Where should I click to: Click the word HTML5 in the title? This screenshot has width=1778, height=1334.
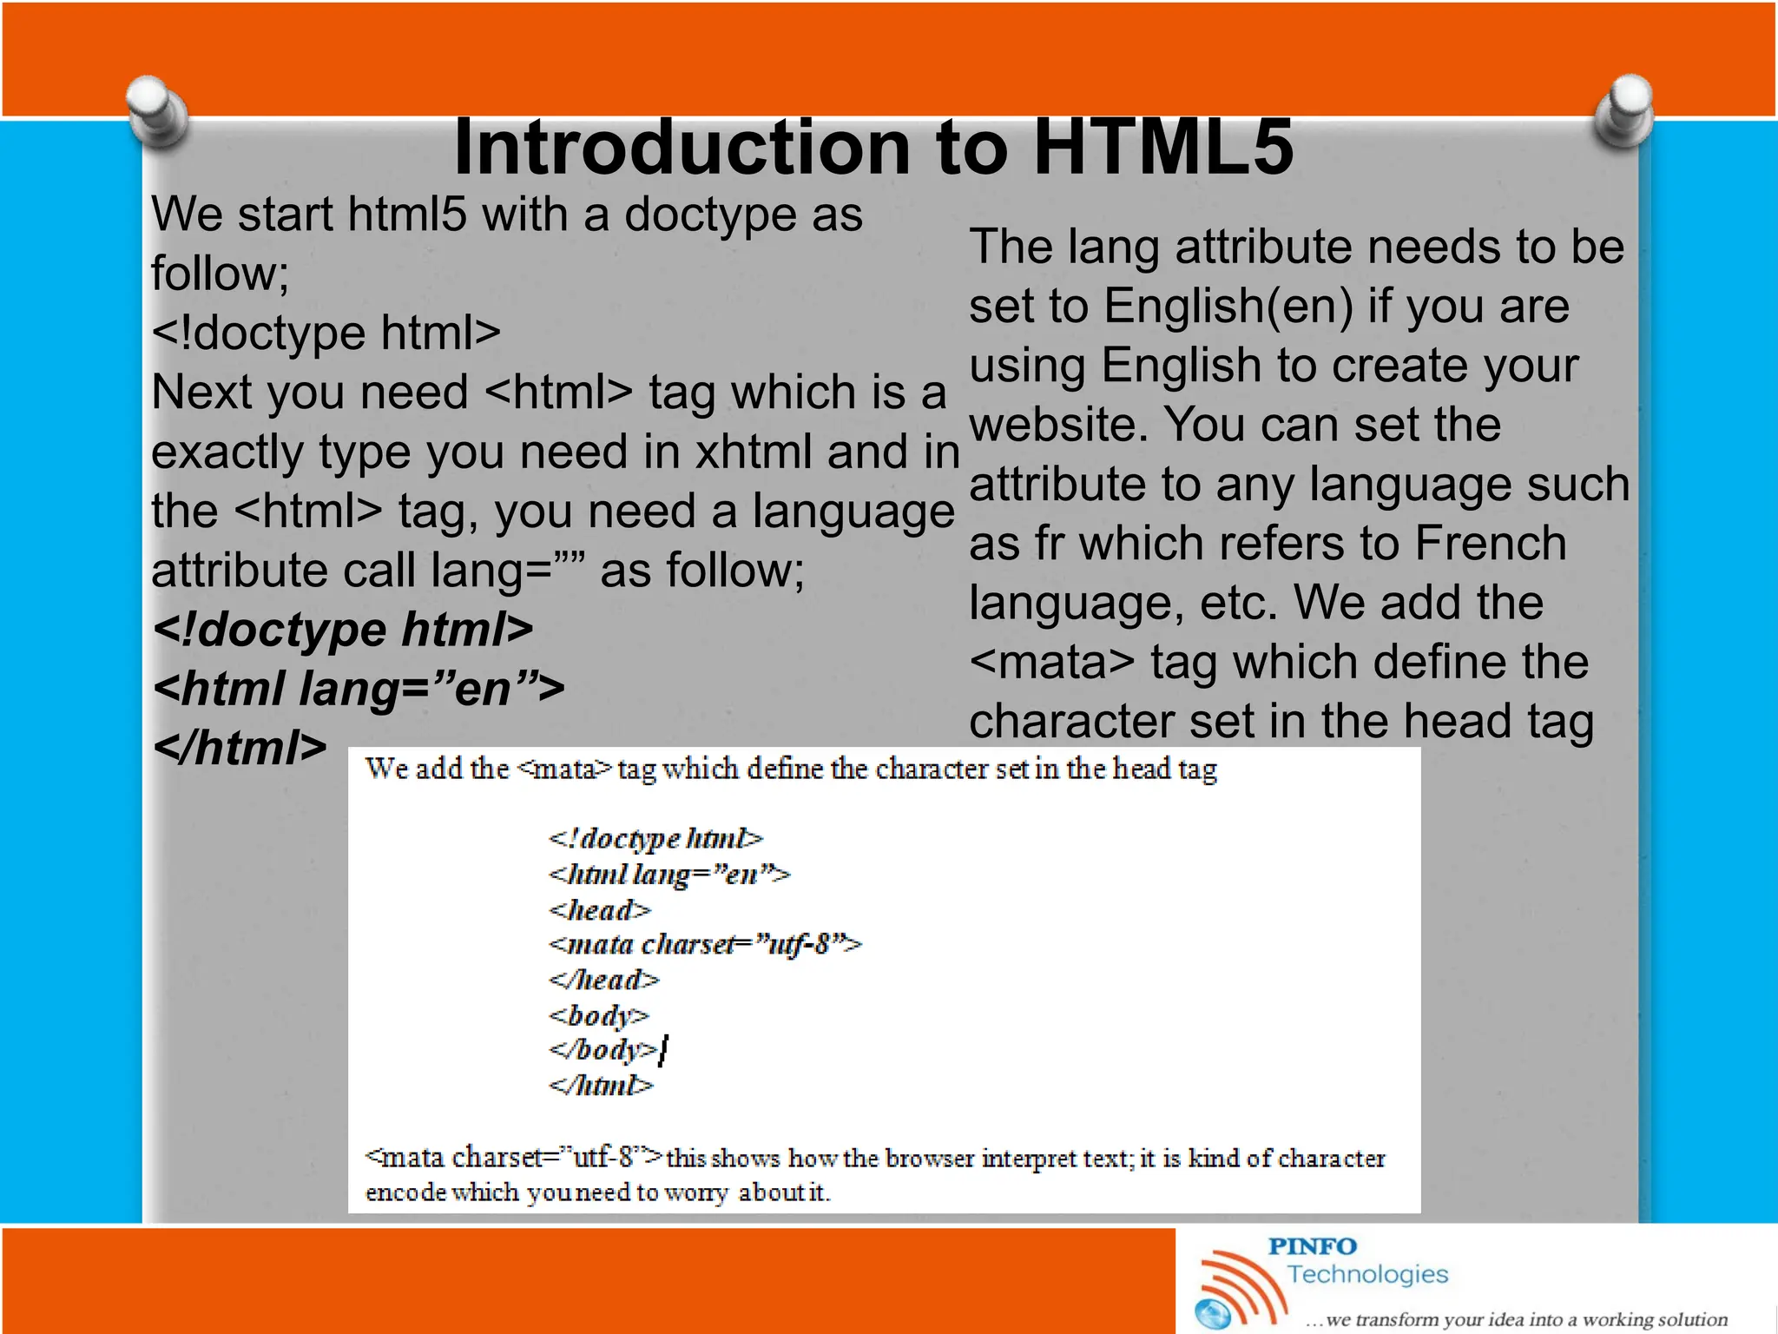tap(1162, 148)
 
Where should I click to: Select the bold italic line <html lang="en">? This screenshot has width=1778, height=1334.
tap(359, 689)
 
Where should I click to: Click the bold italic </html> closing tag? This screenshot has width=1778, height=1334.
tap(240, 748)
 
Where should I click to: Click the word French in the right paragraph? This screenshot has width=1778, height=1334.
tap(1490, 544)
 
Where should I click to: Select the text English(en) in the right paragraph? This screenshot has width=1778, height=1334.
tap(1228, 307)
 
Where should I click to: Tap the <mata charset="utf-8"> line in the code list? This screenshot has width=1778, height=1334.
tap(705, 944)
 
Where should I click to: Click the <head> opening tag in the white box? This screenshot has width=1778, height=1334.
tap(599, 910)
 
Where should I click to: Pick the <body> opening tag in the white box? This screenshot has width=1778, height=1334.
tap(598, 1015)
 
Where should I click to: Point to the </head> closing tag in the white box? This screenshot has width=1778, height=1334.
tap(603, 981)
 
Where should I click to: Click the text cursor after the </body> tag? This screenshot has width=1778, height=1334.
tap(663, 1051)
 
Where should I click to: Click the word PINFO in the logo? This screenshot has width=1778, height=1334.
tap(1312, 1246)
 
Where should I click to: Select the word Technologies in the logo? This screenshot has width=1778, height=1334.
tap(1366, 1274)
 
